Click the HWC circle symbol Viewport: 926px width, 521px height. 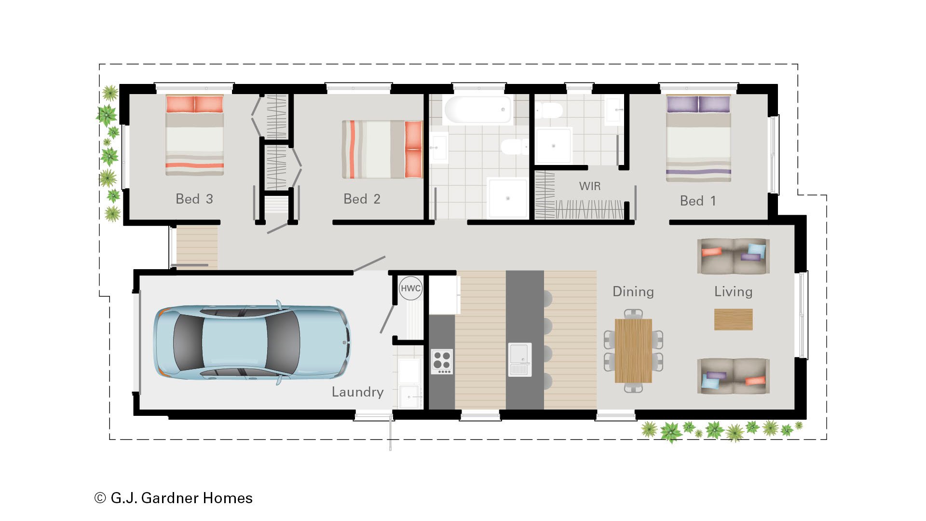coord(410,288)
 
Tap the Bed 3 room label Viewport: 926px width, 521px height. coord(194,199)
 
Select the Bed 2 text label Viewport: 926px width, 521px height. coord(362,199)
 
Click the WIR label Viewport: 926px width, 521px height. coord(589,186)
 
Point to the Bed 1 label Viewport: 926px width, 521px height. coord(697,201)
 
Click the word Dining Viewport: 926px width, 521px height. coord(633,291)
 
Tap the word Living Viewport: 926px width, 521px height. coord(733,291)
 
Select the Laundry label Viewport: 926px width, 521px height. coord(357,392)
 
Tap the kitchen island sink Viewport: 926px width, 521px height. coord(520,359)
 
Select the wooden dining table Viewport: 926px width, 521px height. coord(633,351)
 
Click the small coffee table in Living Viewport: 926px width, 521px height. coord(733,319)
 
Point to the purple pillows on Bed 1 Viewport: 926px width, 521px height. coord(698,104)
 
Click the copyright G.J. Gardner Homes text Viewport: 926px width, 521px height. coord(174,498)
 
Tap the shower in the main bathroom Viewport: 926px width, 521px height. coord(507,198)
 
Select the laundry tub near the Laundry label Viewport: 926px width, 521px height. coord(409,397)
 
